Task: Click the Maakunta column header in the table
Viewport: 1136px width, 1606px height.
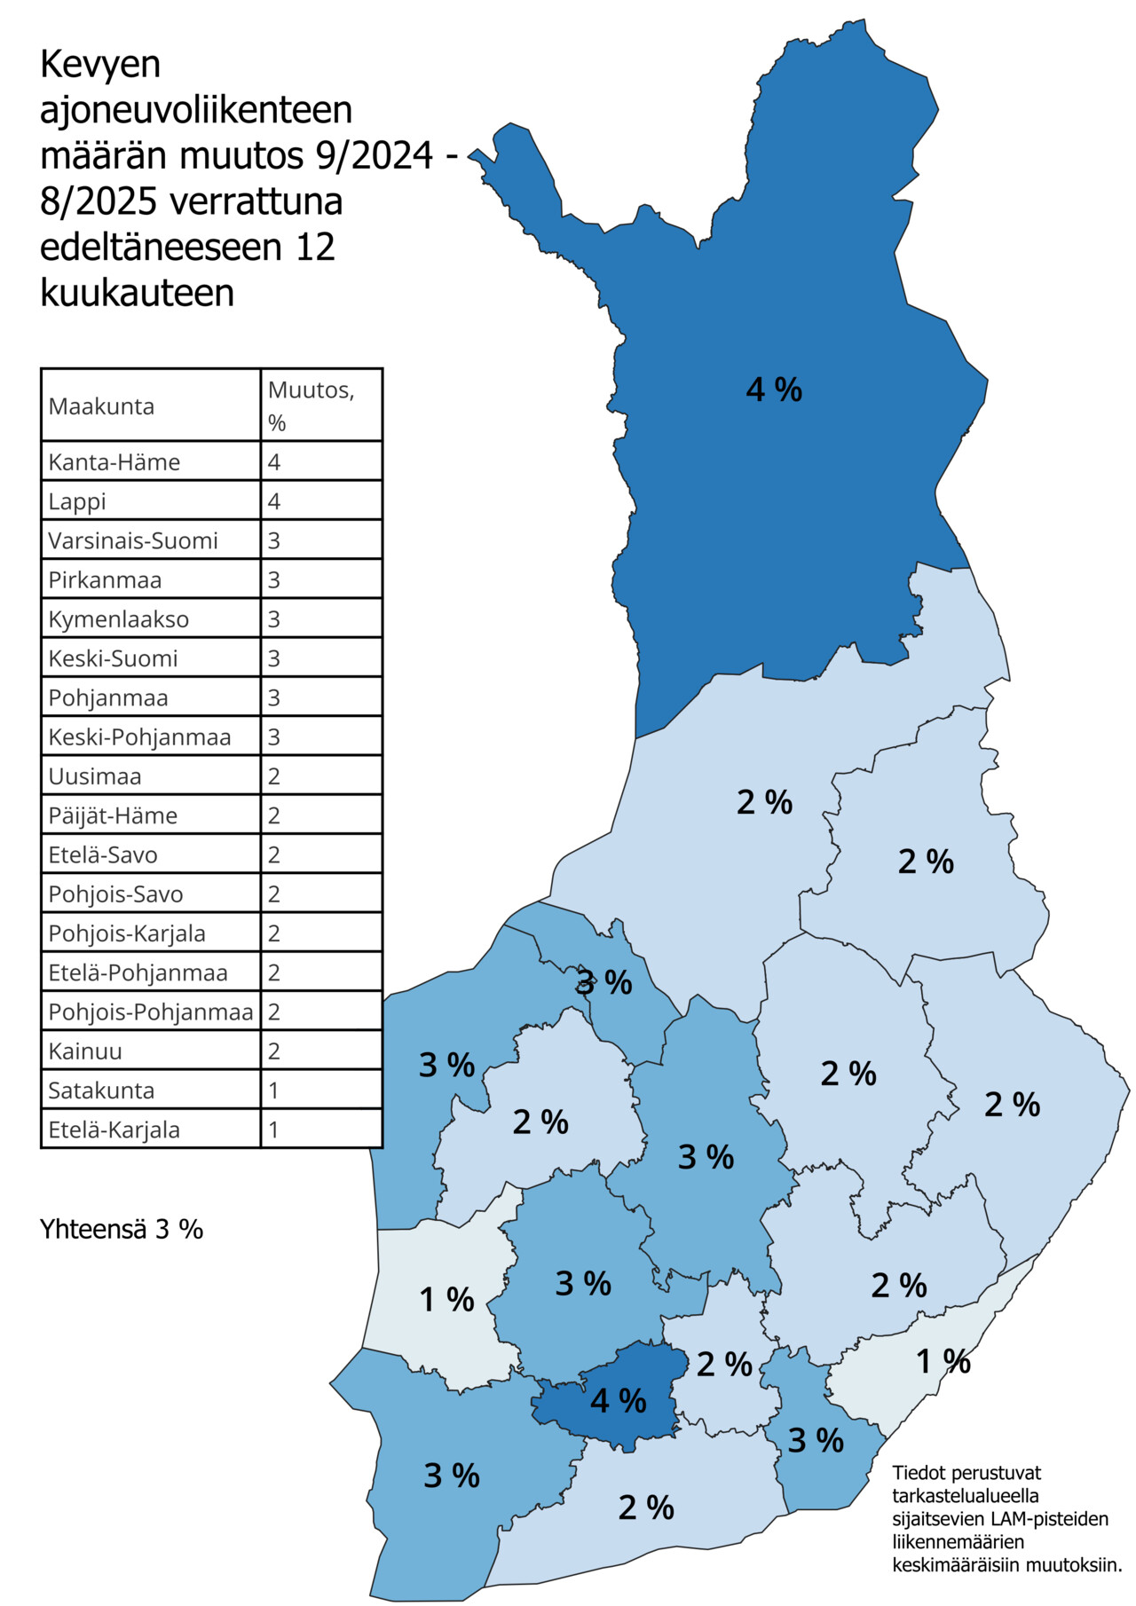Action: [x=101, y=406]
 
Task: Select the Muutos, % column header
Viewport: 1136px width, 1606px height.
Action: [x=311, y=405]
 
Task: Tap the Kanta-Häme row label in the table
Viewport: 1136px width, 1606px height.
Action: [x=114, y=462]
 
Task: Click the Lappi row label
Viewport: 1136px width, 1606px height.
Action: [x=77, y=501]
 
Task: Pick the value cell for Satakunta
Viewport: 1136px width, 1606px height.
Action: [x=274, y=1090]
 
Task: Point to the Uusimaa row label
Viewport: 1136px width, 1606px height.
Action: [x=95, y=776]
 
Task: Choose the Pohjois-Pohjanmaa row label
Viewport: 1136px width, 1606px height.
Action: [x=150, y=1012]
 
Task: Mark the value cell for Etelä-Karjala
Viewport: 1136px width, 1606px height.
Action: [x=274, y=1130]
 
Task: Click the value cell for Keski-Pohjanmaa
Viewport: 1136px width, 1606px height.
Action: [x=274, y=737]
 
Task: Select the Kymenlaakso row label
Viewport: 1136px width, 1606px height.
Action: [x=118, y=619]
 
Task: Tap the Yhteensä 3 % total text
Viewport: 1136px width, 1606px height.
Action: [x=122, y=1229]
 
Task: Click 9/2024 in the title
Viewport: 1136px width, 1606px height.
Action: [x=374, y=155]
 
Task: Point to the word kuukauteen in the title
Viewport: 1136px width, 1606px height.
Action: [x=138, y=293]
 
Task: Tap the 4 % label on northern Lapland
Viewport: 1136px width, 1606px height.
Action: [x=774, y=390]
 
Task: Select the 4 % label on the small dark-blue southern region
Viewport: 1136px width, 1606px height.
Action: [x=618, y=1401]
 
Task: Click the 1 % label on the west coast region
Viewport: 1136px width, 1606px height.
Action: [x=446, y=1300]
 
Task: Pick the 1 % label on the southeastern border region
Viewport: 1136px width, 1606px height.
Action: [x=943, y=1361]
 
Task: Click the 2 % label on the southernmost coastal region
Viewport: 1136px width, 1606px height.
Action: [x=646, y=1508]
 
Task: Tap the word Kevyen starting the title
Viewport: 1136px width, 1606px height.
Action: [x=100, y=64]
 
